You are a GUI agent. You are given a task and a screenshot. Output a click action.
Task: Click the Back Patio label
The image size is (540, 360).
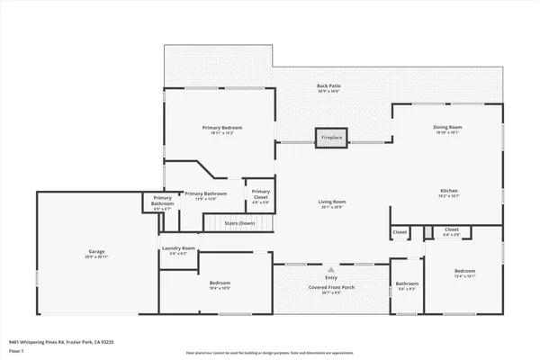pyautogui.click(x=328, y=86)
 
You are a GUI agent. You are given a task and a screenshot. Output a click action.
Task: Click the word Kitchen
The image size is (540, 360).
pyautogui.click(x=448, y=191)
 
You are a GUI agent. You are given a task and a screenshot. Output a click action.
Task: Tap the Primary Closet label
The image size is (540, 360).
pyautogui.click(x=260, y=193)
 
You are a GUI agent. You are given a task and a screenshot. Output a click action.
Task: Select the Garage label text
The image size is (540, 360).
pyautogui.click(x=96, y=251)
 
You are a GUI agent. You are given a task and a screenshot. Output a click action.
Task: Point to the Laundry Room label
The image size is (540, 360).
pyautogui.click(x=178, y=247)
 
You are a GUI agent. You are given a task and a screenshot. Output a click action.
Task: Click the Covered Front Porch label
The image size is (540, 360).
pyautogui.click(x=331, y=290)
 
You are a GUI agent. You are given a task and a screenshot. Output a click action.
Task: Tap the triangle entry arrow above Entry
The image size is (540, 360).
pyautogui.click(x=332, y=268)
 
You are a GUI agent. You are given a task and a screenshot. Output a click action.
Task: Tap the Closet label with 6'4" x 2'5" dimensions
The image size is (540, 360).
pyautogui.click(x=452, y=230)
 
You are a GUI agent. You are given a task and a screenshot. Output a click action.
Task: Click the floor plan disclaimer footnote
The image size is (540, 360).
pyautogui.click(x=269, y=353)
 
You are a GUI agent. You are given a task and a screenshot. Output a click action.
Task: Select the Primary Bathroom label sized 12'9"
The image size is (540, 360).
pyautogui.click(x=205, y=193)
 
